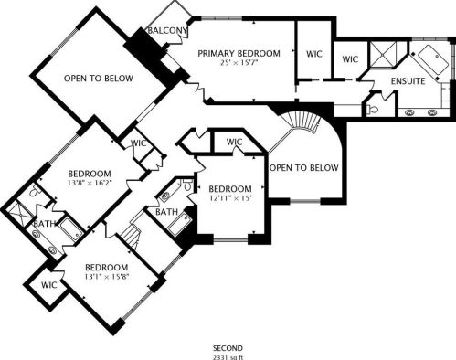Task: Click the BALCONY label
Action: coord(167,30)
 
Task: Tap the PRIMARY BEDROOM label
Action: coord(239,53)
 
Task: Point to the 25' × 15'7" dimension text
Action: coord(239,63)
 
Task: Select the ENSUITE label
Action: coord(408,81)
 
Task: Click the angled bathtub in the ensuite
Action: coord(433,60)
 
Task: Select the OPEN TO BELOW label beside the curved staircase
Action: coord(304,167)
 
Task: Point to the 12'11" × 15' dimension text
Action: coord(230,198)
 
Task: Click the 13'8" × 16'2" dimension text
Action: coord(90,183)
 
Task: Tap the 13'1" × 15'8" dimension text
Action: coord(106,277)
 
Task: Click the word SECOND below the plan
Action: coord(228,348)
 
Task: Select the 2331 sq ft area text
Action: coord(228,357)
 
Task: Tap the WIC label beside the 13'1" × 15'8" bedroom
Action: coord(49,285)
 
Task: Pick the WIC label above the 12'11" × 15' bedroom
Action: coord(235,142)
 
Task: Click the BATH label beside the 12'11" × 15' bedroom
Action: coord(166,212)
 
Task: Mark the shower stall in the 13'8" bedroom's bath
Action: coord(19,213)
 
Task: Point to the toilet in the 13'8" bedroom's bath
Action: coord(36,191)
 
